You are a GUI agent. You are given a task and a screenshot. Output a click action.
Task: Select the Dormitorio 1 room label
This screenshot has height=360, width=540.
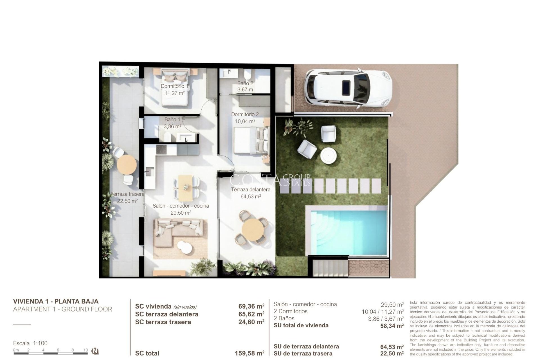tap(174, 86)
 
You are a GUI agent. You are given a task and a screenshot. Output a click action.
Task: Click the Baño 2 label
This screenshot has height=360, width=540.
tap(245, 83)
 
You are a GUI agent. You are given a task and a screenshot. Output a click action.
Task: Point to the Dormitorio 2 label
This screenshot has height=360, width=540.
tap(245, 114)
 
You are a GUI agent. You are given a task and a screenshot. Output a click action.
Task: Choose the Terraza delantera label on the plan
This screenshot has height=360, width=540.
tap(251, 190)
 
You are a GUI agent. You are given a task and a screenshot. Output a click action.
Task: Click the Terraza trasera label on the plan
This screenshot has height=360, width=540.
tap(127, 194)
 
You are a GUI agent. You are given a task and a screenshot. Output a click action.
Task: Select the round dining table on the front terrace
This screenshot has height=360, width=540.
tap(253, 230)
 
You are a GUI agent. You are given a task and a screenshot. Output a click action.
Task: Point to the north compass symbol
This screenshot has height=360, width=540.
tap(95, 351)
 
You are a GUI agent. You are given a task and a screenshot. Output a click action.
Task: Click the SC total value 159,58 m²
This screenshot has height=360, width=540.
tap(249, 353)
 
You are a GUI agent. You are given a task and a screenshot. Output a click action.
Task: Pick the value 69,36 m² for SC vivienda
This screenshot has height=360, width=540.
tap(251, 306)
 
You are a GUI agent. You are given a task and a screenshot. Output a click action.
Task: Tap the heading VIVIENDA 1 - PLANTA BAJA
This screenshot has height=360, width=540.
tap(56, 301)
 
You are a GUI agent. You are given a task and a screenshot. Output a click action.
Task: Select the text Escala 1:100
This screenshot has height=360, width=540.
tap(30, 343)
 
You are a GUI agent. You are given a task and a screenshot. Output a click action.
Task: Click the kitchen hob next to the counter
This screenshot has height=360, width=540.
tap(161, 149)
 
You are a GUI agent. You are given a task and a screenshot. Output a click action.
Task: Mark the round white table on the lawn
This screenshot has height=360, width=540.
tap(328, 155)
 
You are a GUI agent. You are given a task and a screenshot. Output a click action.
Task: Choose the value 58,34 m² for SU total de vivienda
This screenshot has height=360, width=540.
tap(392, 326)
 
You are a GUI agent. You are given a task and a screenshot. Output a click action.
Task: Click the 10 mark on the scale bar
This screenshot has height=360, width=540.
tap(86, 350)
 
